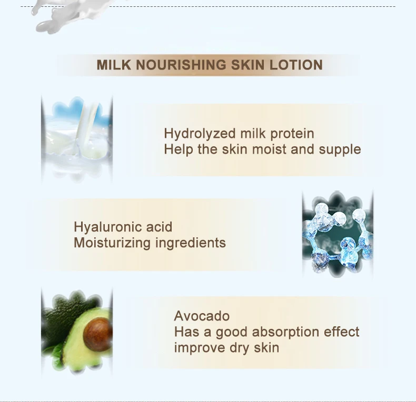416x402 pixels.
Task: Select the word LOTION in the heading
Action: click(296, 65)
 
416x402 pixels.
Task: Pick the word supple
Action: click(340, 149)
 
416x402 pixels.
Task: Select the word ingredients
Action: click(191, 243)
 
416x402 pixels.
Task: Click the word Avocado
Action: click(202, 316)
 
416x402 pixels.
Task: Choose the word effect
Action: click(342, 332)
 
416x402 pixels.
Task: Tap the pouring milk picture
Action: click(77, 137)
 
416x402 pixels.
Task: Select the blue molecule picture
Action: click(338, 234)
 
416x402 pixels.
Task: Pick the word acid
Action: click(160, 227)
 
